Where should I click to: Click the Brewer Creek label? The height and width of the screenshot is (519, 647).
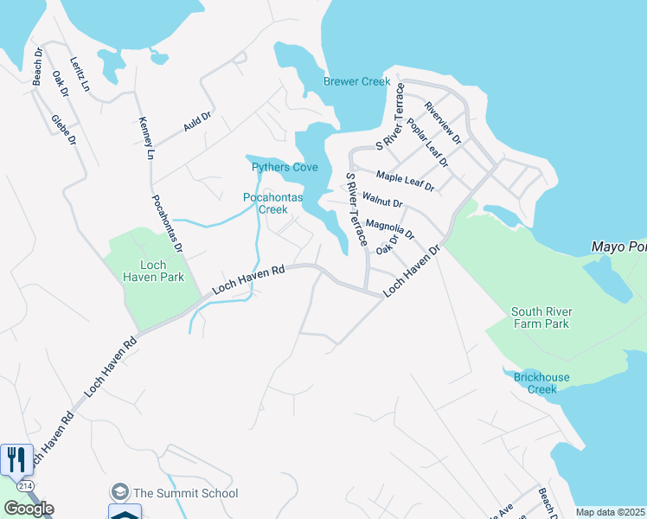356,81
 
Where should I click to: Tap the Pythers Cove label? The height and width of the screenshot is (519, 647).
285,167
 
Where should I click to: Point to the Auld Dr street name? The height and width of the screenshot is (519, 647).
196,121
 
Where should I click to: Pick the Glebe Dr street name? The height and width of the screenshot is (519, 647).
63,129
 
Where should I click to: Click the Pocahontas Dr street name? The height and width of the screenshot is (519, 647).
168,223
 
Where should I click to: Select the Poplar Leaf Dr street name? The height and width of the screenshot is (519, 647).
427,144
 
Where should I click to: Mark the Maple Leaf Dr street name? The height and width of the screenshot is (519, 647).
405,181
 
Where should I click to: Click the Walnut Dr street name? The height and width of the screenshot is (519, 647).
382,201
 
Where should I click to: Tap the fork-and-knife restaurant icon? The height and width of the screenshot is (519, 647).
16,458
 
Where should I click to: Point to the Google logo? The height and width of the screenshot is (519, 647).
29,509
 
